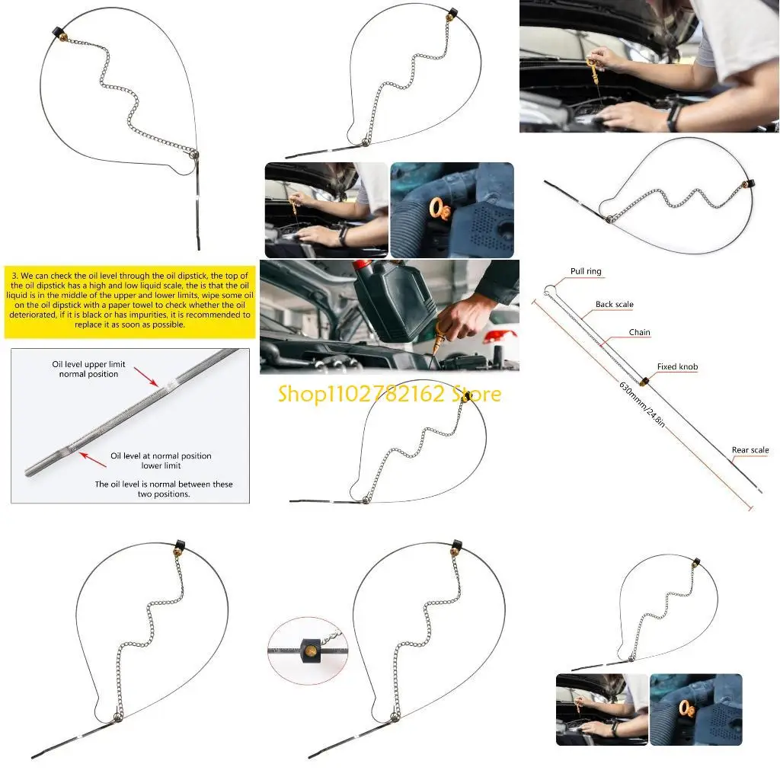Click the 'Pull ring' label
tap(586, 272)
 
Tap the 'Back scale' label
tap(614, 305)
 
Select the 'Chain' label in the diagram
tap(640, 333)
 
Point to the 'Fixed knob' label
tap(677, 367)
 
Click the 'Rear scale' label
tap(750, 450)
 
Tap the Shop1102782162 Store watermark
tap(389, 394)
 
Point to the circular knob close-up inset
tap(307, 651)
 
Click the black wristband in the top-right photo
tap(673, 119)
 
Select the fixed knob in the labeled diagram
tap(644, 381)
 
